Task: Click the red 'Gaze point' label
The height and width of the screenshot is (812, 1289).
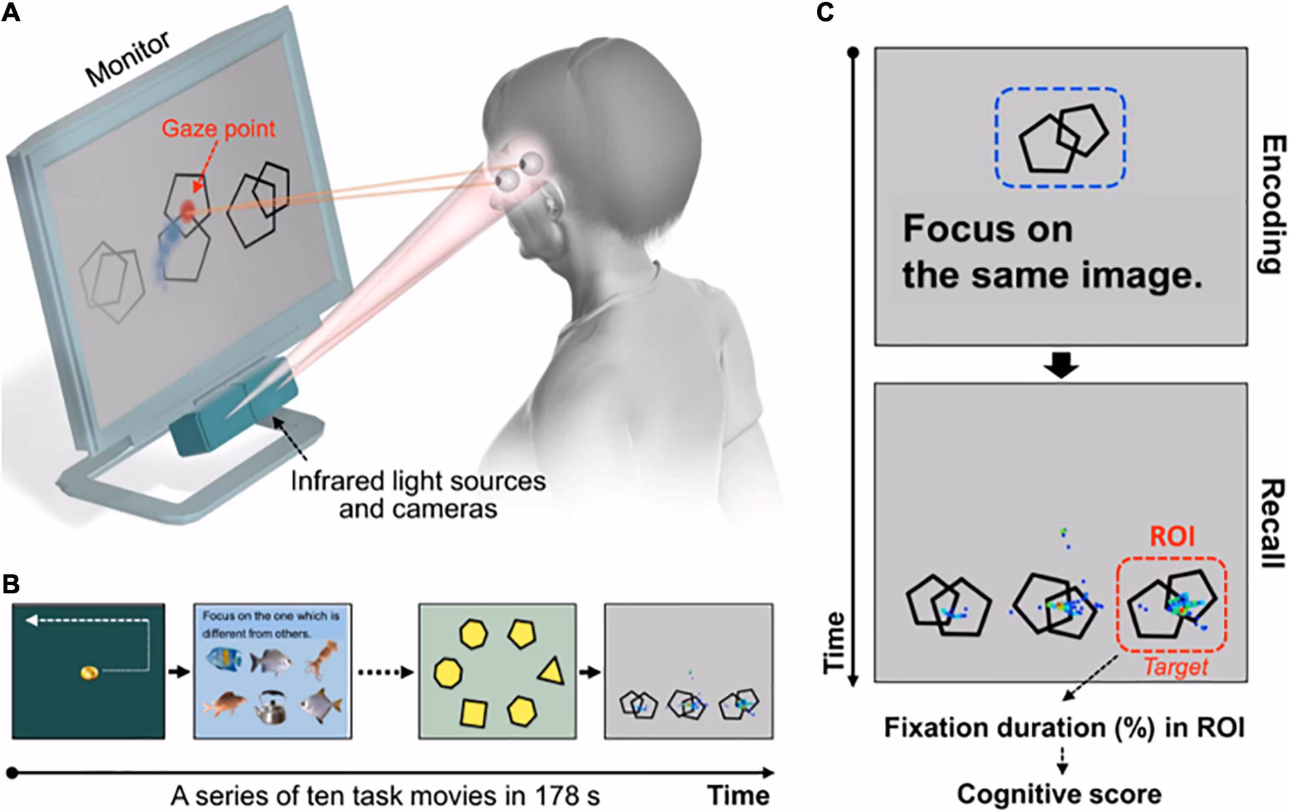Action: coord(219,128)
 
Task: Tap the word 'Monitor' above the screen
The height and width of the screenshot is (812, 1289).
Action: coord(128,59)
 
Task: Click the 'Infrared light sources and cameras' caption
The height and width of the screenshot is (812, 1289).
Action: coord(418,495)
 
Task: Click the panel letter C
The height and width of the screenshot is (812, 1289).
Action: coord(825,12)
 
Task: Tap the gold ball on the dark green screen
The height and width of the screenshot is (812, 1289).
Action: coord(89,672)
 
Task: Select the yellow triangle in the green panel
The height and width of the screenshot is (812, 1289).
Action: coord(552,671)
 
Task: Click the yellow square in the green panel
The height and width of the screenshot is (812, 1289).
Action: coord(474,713)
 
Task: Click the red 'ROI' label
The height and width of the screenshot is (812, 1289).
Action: coord(1172,537)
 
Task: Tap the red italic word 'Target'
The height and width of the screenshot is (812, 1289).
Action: coord(1176,667)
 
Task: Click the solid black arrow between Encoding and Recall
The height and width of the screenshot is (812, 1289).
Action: coord(1061,364)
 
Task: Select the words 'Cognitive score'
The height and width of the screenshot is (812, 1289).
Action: coord(1059,794)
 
